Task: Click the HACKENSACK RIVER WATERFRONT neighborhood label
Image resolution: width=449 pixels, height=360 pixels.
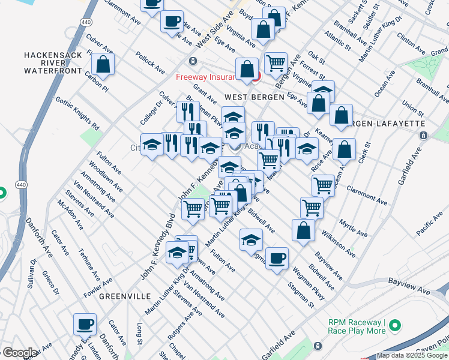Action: point(52,63)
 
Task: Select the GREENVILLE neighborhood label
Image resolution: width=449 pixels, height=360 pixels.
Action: point(125,296)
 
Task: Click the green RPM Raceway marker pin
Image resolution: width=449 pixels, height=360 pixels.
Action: point(394,326)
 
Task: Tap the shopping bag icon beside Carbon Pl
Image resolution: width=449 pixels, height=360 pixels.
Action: point(103,65)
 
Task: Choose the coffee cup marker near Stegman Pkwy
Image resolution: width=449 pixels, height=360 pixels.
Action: point(277,258)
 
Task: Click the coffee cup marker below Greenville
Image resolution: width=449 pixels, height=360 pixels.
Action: point(85,324)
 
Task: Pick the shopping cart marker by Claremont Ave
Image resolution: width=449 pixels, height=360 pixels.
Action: point(324,185)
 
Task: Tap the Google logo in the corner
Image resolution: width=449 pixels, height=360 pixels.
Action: point(19,353)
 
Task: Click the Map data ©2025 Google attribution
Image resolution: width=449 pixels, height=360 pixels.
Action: point(412,356)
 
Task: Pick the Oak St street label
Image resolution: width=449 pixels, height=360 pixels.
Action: point(316,57)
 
